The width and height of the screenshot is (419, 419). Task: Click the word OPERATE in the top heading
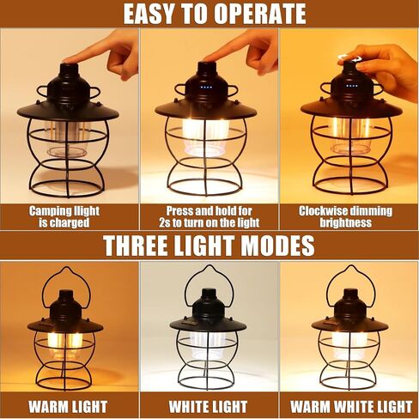tap(259, 14)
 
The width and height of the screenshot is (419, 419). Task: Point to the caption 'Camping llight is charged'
tap(64, 216)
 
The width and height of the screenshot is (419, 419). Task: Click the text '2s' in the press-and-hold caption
tap(165, 222)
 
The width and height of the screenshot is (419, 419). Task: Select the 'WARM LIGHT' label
tap(68, 406)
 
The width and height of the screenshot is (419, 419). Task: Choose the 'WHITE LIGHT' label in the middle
tap(208, 406)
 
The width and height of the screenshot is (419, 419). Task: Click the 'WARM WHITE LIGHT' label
tap(351, 406)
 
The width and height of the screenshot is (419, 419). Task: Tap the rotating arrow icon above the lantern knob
tap(350, 58)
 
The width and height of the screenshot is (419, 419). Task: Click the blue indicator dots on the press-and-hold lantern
tap(206, 87)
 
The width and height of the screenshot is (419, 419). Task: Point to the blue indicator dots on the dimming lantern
tap(352, 86)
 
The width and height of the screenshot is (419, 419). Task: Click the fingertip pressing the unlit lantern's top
tap(68, 60)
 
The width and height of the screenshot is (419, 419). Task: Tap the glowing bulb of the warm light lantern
tap(64, 343)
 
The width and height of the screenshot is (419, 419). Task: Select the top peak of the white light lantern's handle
tap(209, 266)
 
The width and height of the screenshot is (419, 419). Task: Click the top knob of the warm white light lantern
tap(350, 295)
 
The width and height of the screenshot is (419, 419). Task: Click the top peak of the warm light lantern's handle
tap(67, 269)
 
